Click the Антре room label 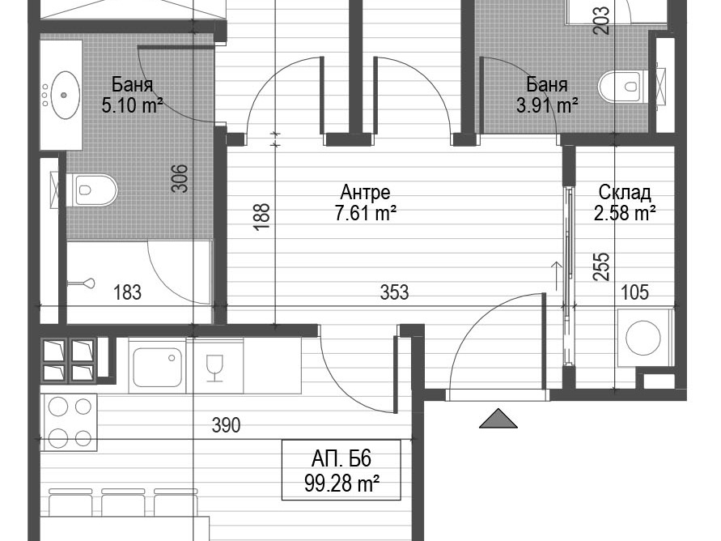(366, 192)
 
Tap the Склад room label (625, 192)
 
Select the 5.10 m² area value (132, 106)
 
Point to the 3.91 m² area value (547, 106)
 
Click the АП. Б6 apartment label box (341, 470)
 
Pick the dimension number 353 (394, 292)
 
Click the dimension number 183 (127, 292)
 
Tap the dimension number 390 (226, 425)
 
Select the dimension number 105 (634, 292)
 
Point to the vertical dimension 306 (180, 178)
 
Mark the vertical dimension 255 (600, 266)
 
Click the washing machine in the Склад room (645, 338)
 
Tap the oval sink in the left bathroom (64, 95)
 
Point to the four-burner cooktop (70, 422)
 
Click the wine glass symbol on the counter (214, 368)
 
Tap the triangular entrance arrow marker (498, 418)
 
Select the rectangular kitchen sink (157, 367)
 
